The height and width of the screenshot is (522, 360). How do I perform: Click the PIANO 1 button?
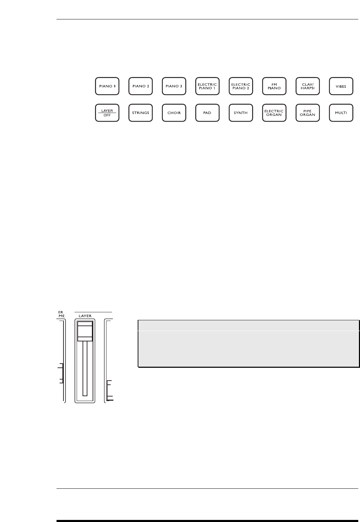click(x=108, y=86)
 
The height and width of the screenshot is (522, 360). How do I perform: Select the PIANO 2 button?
click(x=141, y=86)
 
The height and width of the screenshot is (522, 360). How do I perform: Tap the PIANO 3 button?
click(x=174, y=86)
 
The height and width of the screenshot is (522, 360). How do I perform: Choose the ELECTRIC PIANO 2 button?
click(x=241, y=86)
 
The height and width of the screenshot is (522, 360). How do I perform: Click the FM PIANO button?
click(x=274, y=86)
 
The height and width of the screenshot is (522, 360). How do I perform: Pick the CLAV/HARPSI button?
click(x=307, y=86)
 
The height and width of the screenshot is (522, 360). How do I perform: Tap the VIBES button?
click(x=341, y=86)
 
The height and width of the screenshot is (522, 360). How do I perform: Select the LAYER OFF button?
click(x=108, y=113)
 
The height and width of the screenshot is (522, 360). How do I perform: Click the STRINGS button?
click(x=141, y=113)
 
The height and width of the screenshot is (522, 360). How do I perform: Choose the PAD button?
click(x=207, y=113)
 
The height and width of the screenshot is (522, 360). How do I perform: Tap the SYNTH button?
click(x=241, y=113)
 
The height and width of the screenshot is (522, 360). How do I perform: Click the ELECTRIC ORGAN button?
click(x=274, y=113)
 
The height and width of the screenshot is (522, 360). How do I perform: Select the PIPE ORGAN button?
click(x=307, y=113)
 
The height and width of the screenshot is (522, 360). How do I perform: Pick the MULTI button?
click(x=341, y=113)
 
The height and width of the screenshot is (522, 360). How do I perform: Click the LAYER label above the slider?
click(x=85, y=316)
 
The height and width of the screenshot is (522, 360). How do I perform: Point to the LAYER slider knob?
click(x=85, y=331)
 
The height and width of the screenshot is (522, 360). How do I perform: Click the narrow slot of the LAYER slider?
click(x=85, y=369)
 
